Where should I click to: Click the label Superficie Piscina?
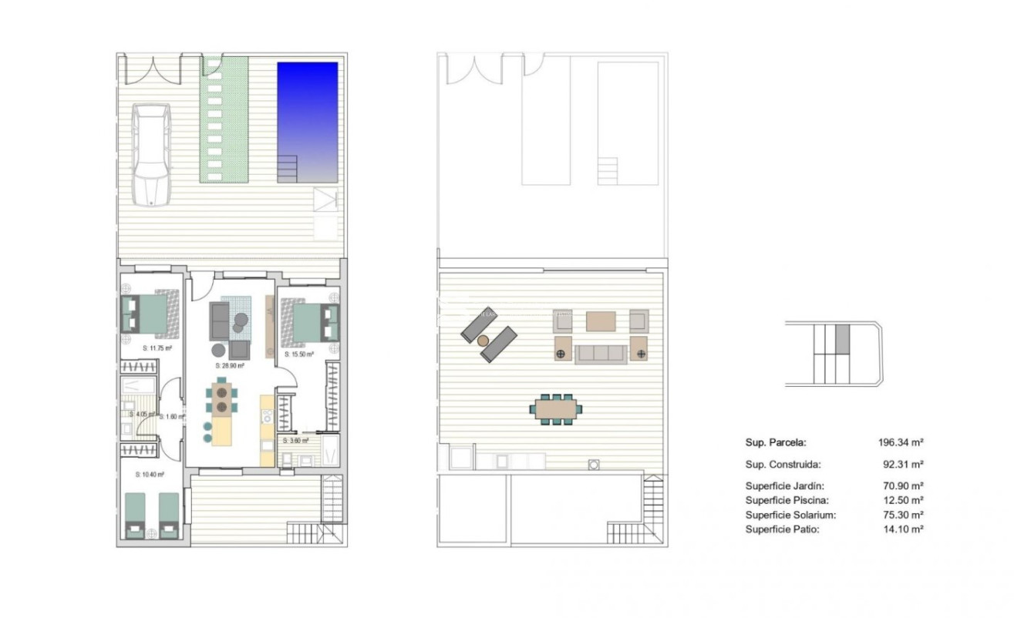pyautogui.click(x=785, y=500)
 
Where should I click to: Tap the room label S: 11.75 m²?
pyautogui.click(x=157, y=348)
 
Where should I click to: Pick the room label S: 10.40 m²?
pyautogui.click(x=150, y=475)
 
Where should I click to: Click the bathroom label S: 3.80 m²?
pyautogui.click(x=296, y=441)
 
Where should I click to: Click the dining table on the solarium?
pyautogui.click(x=556, y=408)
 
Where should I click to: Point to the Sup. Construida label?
pyautogui.click(x=783, y=465)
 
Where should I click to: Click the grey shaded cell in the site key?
pyautogui.click(x=843, y=339)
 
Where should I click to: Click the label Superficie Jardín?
pyautogui.click(x=784, y=486)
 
